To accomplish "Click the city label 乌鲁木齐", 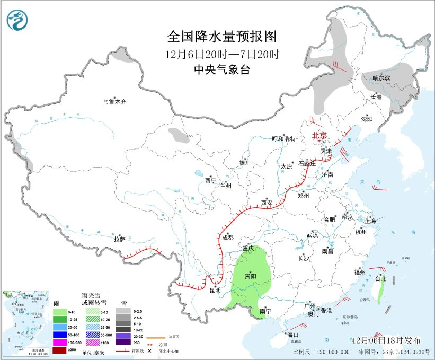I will coord(115,101).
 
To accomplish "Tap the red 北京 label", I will coord(320,135).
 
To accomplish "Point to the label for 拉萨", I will coord(119,239).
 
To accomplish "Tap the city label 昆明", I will coord(215,290).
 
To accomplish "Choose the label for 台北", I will coord(380,278).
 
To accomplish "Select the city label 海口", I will coord(293,335).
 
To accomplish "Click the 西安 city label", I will coord(267,203).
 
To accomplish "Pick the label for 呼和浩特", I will coord(283,139).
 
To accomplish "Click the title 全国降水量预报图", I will coord(222,37).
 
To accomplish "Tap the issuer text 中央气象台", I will coord(222,71).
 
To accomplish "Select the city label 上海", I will coord(370,221).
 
